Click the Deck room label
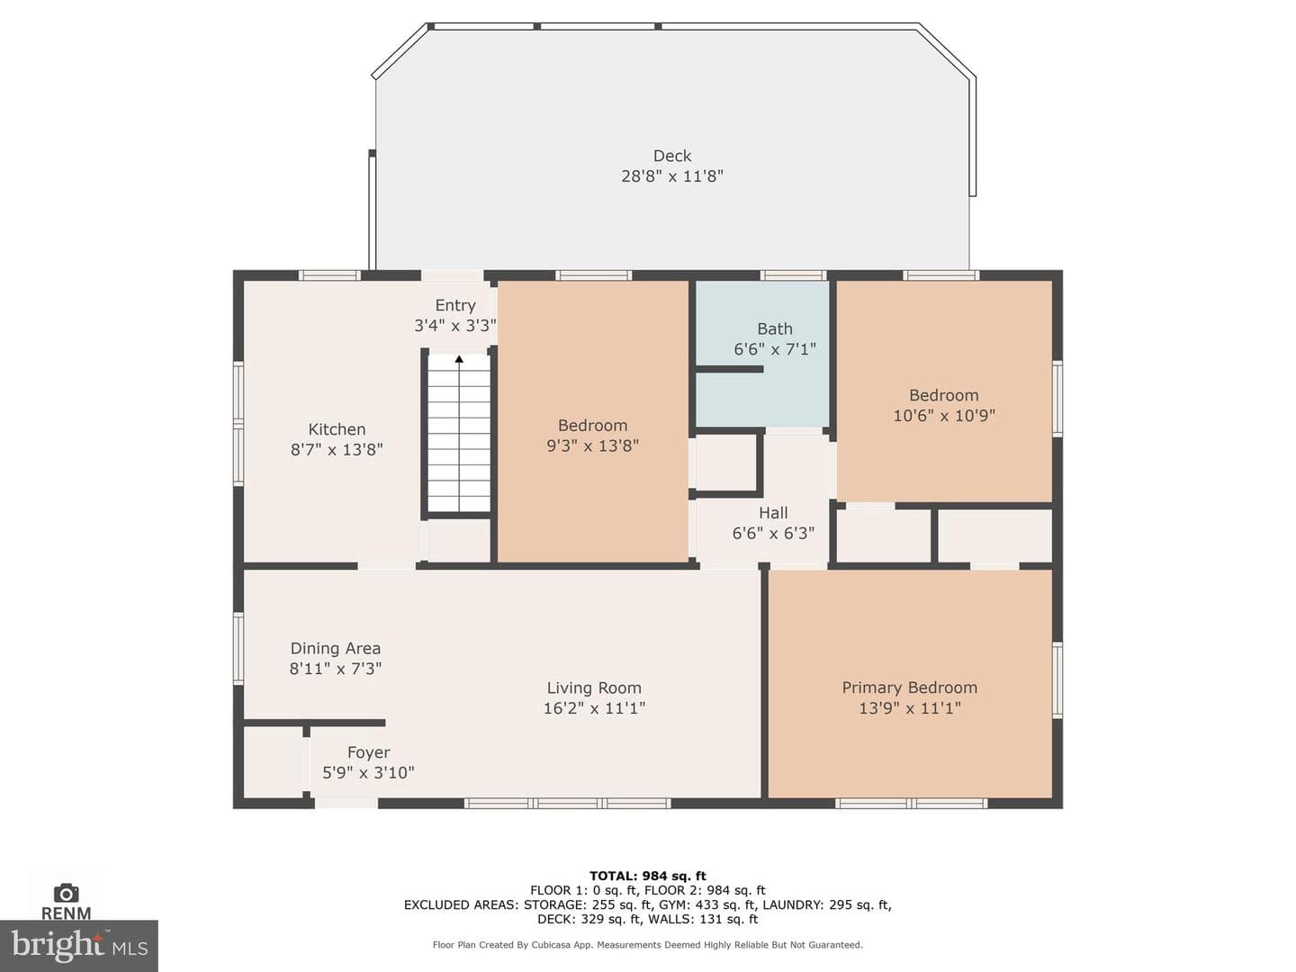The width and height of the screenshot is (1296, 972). [x=672, y=156]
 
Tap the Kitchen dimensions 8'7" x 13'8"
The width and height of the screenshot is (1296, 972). [x=337, y=450]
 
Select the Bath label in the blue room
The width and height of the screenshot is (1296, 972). [x=775, y=328]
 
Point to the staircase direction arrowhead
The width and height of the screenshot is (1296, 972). [x=459, y=359]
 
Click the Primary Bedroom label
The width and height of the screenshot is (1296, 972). [x=909, y=688]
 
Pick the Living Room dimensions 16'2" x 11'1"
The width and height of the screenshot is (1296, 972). [x=594, y=707]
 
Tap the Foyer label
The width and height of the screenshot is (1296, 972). [x=368, y=752]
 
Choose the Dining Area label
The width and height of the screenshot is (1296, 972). [x=336, y=648]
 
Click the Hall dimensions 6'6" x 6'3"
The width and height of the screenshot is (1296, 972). [x=773, y=534]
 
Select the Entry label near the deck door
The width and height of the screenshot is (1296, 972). [x=455, y=305]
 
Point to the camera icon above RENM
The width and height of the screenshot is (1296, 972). [x=66, y=893]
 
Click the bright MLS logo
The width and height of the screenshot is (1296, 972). [x=79, y=946]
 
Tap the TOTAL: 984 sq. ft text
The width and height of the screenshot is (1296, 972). [x=648, y=876]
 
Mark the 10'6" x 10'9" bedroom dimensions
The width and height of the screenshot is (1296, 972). [x=943, y=416]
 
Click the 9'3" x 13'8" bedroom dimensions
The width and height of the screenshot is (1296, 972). [x=593, y=445]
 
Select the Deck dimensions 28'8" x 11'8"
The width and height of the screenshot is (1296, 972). [x=672, y=175]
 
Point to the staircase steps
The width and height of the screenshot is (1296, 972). [x=459, y=433]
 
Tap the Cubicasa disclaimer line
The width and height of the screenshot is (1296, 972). [x=648, y=945]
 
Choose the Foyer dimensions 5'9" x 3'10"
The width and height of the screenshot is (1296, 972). [x=368, y=772]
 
